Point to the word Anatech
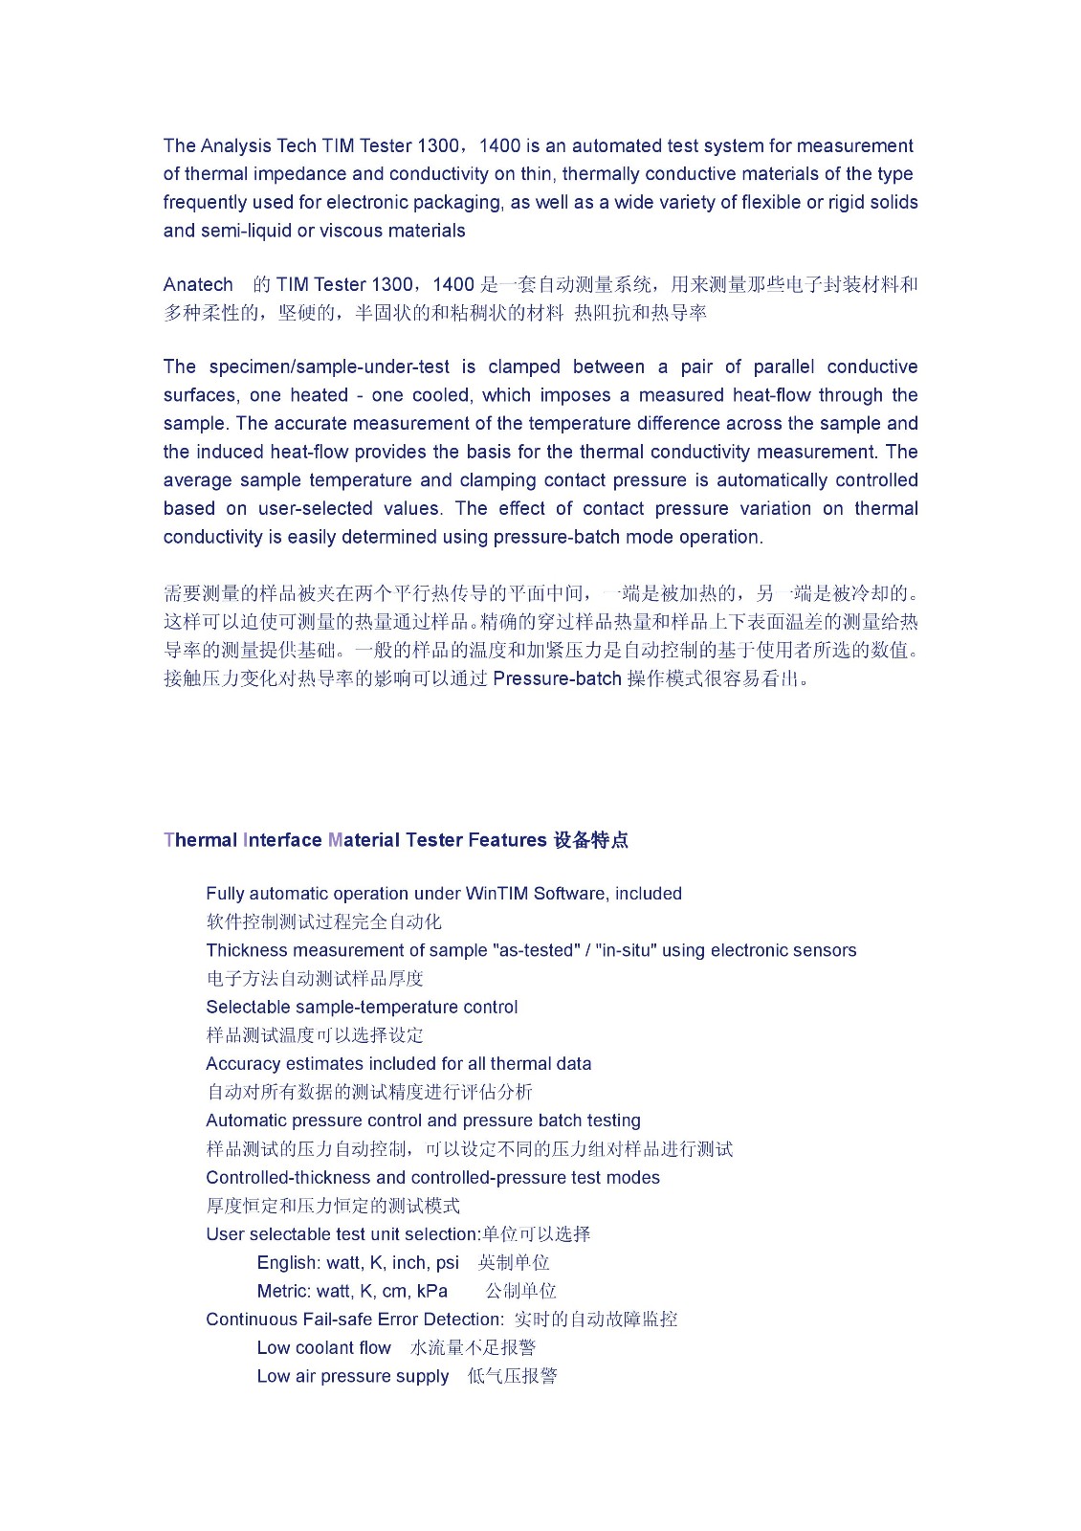click(198, 285)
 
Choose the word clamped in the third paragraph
click(524, 367)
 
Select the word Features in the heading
click(507, 841)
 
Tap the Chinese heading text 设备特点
click(591, 841)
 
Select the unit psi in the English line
click(447, 1263)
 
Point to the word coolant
click(326, 1348)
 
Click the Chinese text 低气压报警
click(512, 1377)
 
